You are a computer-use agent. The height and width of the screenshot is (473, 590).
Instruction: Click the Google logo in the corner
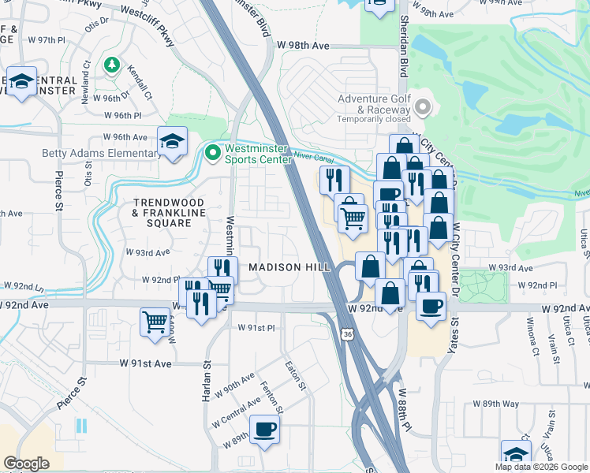(x=26, y=464)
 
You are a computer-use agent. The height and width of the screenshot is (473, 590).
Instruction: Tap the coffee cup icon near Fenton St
(x=264, y=430)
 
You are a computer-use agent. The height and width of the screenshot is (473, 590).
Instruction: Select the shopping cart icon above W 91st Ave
(x=155, y=322)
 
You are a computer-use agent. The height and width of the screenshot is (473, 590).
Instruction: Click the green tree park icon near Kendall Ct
(x=112, y=64)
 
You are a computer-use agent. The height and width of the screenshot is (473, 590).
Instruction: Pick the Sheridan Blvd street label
(x=403, y=47)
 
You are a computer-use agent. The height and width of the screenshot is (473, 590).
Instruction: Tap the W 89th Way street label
(x=497, y=403)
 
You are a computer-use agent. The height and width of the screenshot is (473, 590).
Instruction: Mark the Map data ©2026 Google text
(x=542, y=467)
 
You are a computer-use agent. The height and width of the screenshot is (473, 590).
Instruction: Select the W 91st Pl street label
(x=259, y=327)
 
